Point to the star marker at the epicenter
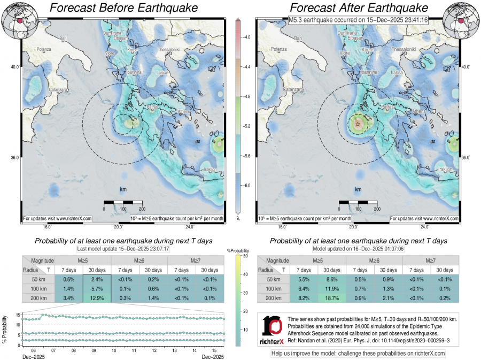[358, 124]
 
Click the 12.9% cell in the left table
[97, 297]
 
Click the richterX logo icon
[273, 327]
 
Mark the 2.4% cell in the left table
[97, 279]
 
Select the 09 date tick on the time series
[93, 350]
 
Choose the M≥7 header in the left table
[196, 260]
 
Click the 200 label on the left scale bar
[142, 209]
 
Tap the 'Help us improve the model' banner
[358, 354]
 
